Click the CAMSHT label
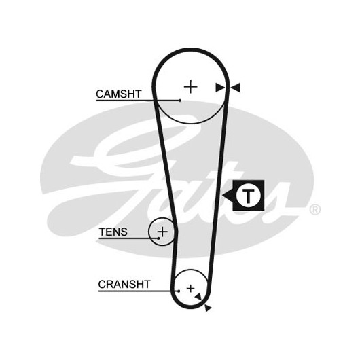click(x=118, y=94)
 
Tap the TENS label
click(x=113, y=232)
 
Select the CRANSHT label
click(x=124, y=284)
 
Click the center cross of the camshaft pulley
click(x=191, y=87)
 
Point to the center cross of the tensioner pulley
click(x=162, y=232)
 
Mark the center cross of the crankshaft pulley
click(x=191, y=289)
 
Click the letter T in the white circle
click(x=248, y=196)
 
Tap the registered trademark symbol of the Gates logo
click(x=314, y=209)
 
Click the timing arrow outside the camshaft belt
click(x=235, y=88)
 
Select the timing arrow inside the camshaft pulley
click(x=220, y=88)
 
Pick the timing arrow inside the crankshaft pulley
click(x=198, y=296)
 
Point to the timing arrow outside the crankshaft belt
click(x=208, y=308)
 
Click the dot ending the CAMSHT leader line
click(x=180, y=101)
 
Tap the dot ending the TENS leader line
click(x=159, y=238)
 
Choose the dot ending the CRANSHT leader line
click(x=179, y=291)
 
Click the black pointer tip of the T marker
click(x=223, y=196)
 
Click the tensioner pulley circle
click(x=149, y=232)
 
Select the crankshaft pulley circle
click(x=191, y=270)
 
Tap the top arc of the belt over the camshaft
click(x=191, y=50)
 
